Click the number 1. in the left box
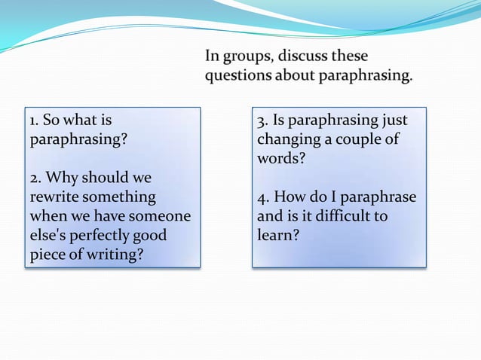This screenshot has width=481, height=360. [34, 121]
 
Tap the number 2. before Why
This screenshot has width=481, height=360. [35, 179]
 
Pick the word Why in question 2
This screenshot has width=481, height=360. [62, 179]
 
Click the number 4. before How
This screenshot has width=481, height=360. [262, 198]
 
